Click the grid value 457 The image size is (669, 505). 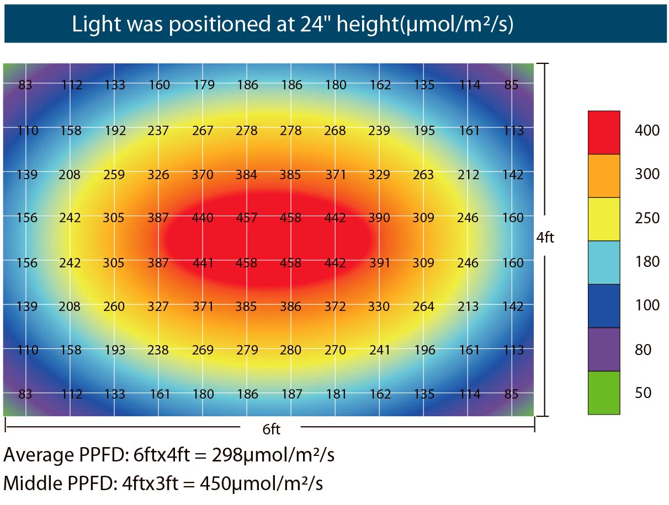click(246, 218)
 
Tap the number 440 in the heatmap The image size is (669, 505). click(203, 218)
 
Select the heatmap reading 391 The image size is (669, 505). click(379, 262)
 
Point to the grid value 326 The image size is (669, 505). click(158, 175)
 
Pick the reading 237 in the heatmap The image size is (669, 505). click(158, 131)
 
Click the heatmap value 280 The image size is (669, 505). click(290, 350)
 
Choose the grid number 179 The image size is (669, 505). click(204, 84)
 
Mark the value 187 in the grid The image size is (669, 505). click(291, 394)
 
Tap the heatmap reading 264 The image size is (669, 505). click(423, 306)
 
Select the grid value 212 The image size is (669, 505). click(468, 175)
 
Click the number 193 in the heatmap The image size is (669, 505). click(115, 350)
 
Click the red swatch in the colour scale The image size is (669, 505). click(603, 132)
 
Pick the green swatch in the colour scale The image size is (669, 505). click(603, 393)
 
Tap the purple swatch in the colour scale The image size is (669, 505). click(603, 350)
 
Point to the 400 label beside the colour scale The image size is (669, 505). click(647, 130)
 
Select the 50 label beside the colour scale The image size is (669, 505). click(643, 393)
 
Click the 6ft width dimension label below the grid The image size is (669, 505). click(271, 429)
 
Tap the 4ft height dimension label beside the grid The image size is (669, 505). click(545, 238)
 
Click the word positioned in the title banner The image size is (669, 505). click(220, 24)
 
